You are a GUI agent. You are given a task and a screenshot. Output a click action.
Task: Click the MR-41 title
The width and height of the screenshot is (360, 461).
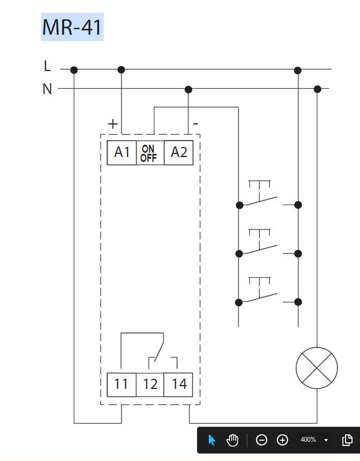pyautogui.click(x=72, y=28)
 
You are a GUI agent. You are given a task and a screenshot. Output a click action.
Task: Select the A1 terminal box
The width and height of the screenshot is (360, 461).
pyautogui.click(x=122, y=153)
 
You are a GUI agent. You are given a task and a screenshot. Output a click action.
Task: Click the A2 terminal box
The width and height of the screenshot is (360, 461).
pyautogui.click(x=179, y=153)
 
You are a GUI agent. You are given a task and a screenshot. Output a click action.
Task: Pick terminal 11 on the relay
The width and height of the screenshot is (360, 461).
pyautogui.click(x=121, y=384)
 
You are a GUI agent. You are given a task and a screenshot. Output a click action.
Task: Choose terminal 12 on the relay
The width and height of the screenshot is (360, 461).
pyautogui.click(x=150, y=384)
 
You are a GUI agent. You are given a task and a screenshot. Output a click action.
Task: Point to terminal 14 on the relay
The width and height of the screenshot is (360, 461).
pyautogui.click(x=179, y=384)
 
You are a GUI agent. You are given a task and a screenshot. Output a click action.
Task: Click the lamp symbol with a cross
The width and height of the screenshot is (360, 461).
pyautogui.click(x=316, y=367)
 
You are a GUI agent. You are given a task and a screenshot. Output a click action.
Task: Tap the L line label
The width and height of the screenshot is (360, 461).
pyautogui.click(x=47, y=66)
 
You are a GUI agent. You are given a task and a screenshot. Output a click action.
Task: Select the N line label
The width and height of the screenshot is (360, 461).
pyautogui.click(x=47, y=89)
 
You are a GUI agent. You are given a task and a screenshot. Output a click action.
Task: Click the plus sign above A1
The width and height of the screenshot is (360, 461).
pyautogui.click(x=113, y=123)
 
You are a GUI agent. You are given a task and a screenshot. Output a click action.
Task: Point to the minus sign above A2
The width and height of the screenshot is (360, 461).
pyautogui.click(x=196, y=123)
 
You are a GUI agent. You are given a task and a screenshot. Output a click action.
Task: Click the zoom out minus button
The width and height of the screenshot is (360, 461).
pyautogui.click(x=262, y=440)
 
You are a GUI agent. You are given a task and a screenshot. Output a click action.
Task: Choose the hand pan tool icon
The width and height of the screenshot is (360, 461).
pyautogui.click(x=232, y=440)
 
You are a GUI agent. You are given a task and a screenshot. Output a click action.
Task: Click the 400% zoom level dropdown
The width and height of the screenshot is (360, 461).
pyautogui.click(x=314, y=440)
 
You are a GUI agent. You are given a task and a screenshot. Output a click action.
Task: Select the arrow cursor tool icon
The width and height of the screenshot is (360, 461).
pyautogui.click(x=211, y=440)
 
